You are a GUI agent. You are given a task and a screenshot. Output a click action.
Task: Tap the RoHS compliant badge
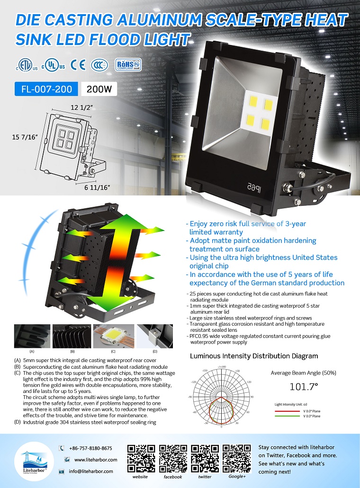click(129, 65)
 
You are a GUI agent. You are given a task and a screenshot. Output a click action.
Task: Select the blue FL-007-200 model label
click(46, 89)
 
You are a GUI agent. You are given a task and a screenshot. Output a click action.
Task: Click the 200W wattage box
click(99, 89)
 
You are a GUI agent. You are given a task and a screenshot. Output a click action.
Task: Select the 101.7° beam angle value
click(303, 387)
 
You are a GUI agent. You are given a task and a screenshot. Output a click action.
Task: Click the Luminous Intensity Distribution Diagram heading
click(254, 356)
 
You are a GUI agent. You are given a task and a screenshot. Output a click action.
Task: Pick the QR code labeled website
click(141, 458)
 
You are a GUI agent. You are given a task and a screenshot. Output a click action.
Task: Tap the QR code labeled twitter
click(205, 458)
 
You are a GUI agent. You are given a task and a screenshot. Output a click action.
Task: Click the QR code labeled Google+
click(236, 458)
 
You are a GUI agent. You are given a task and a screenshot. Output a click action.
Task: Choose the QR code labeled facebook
click(173, 458)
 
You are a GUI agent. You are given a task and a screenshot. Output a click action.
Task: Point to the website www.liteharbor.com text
click(95, 460)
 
